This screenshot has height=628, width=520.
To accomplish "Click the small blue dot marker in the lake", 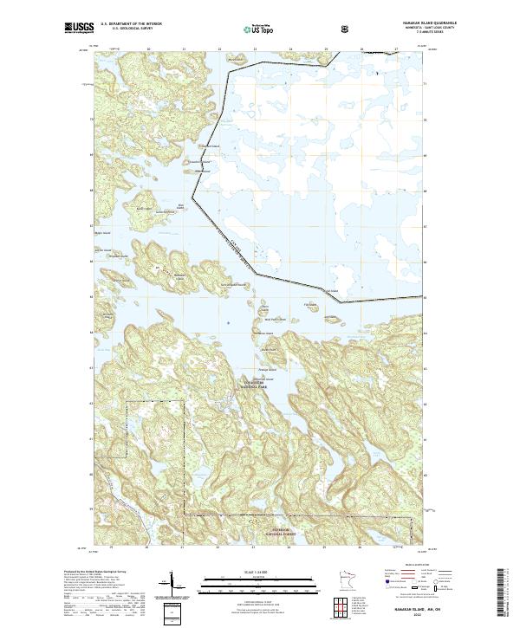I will tap(228, 323).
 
